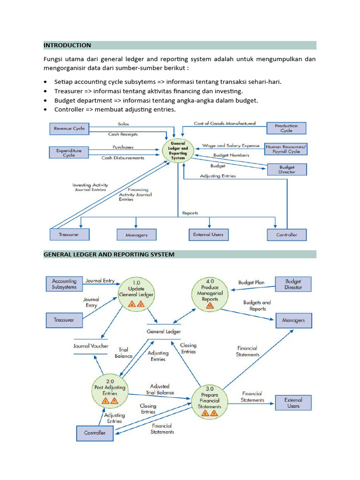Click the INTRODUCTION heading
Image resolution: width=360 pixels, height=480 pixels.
[67, 45]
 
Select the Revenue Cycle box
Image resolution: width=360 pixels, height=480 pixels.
[69, 128]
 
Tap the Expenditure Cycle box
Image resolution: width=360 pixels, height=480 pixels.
[69, 152]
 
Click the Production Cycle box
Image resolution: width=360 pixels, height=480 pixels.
[286, 128]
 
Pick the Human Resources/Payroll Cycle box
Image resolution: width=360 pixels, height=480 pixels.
[286, 149]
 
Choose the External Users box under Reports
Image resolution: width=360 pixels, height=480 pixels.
[208, 234]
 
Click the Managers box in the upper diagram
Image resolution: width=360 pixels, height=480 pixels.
[136, 235]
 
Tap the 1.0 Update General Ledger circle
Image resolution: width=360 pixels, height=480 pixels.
[136, 293]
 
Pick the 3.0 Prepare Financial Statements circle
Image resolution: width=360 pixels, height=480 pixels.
[210, 401]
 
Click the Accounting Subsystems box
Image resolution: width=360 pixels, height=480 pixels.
[64, 284]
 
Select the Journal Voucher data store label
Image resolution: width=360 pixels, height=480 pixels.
[91, 346]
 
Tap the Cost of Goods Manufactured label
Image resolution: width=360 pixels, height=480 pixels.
[225, 123]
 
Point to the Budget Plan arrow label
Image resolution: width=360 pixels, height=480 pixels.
[251, 283]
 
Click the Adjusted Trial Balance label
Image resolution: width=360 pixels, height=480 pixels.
[160, 390]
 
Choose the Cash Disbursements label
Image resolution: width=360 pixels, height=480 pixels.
[123, 158]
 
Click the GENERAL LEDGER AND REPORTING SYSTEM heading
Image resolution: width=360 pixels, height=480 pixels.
[109, 255]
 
